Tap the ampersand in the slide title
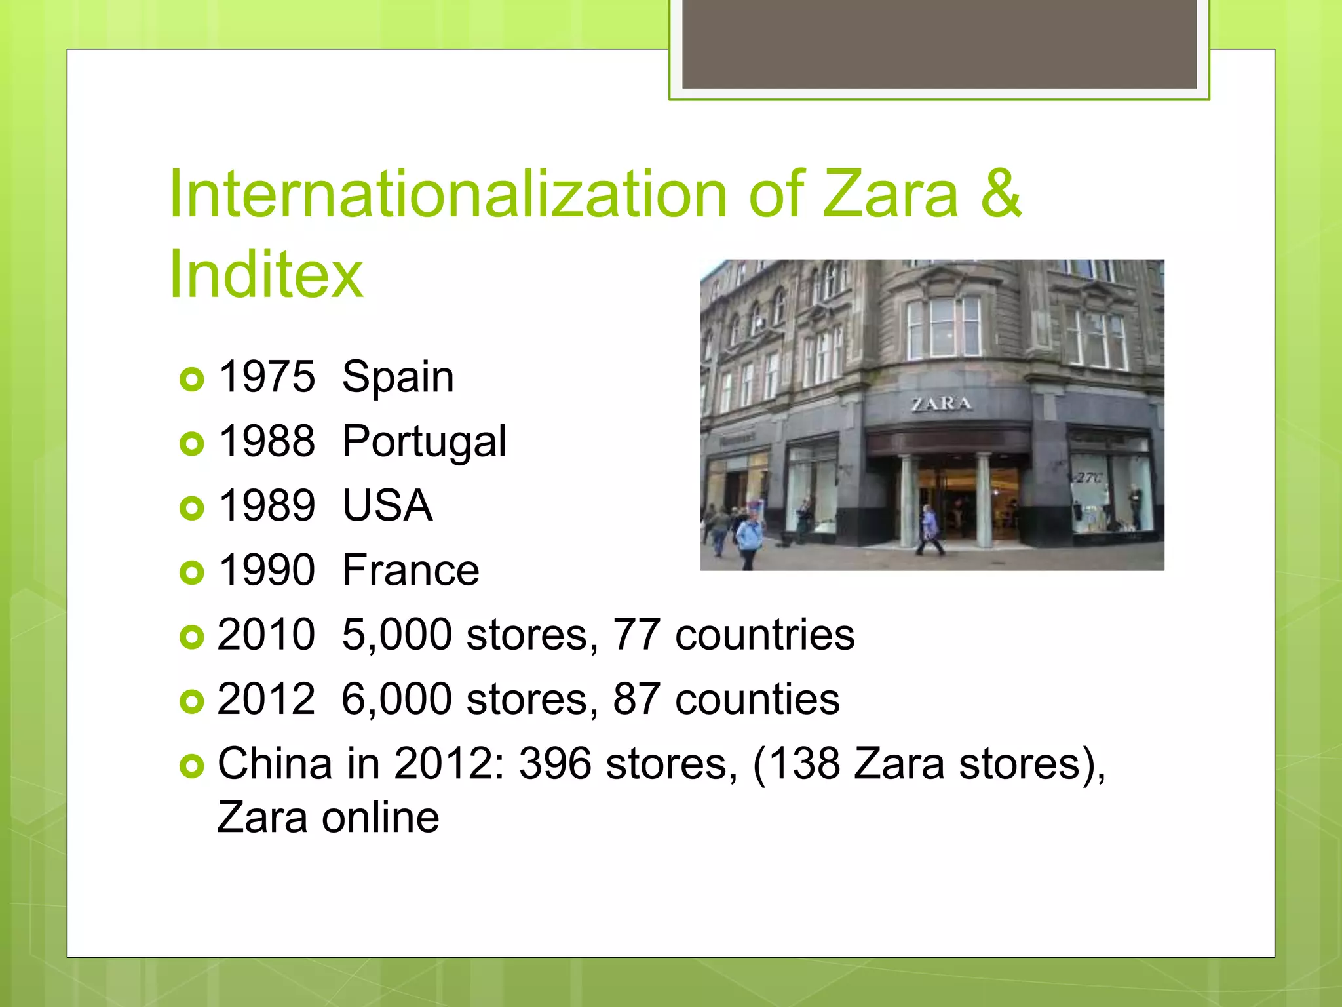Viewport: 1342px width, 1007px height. point(1001,194)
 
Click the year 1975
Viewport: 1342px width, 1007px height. point(266,377)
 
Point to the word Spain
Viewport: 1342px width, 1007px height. point(398,378)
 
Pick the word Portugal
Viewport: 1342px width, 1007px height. point(424,442)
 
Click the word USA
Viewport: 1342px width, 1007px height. point(387,506)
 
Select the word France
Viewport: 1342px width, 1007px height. point(411,570)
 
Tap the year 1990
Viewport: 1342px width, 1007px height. point(266,570)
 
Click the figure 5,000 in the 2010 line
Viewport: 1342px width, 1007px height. point(396,635)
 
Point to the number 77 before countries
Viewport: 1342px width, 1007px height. point(636,635)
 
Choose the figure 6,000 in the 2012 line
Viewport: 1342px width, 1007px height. point(396,700)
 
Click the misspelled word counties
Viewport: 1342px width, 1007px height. point(757,700)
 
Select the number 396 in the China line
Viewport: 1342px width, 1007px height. point(555,764)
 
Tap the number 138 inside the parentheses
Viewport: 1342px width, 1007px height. point(804,764)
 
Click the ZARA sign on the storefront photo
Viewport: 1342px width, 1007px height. point(941,404)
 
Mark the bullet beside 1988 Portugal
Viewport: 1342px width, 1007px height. point(191,444)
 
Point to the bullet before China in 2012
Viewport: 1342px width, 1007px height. point(191,766)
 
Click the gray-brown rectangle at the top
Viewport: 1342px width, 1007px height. point(939,43)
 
